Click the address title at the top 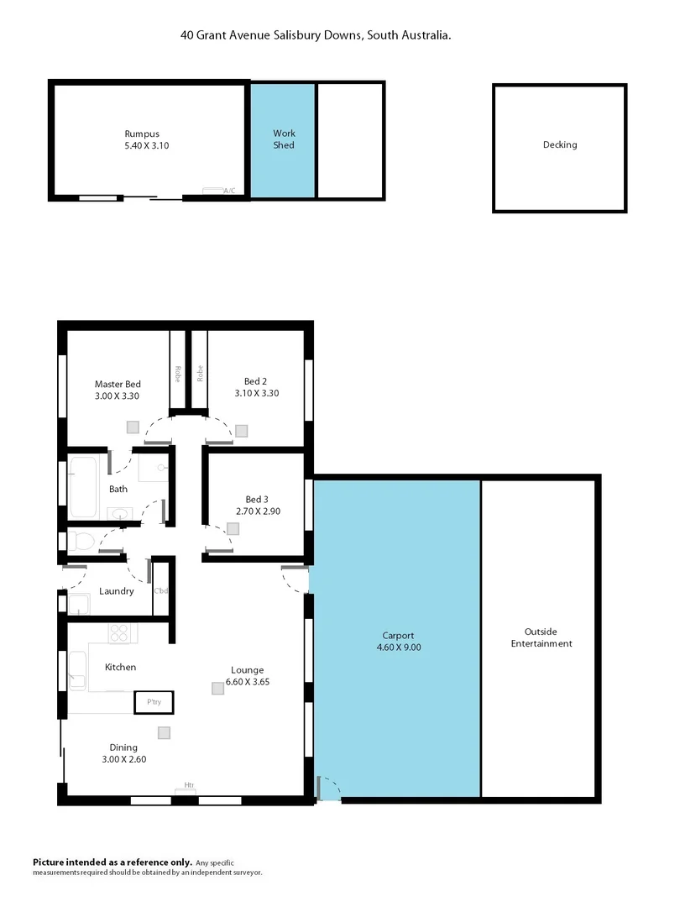[316, 35]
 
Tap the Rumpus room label [142, 134]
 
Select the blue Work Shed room [284, 139]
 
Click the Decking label [560, 144]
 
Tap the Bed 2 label [256, 381]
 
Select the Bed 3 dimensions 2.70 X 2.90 [256, 511]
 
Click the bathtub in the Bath [84, 486]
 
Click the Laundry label [116, 591]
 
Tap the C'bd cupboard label [160, 590]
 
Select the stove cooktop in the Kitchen [119, 632]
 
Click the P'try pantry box [154, 701]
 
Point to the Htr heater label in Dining [189, 786]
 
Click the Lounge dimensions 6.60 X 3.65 [249, 682]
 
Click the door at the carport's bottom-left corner [327, 790]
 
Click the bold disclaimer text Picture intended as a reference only [112, 862]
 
